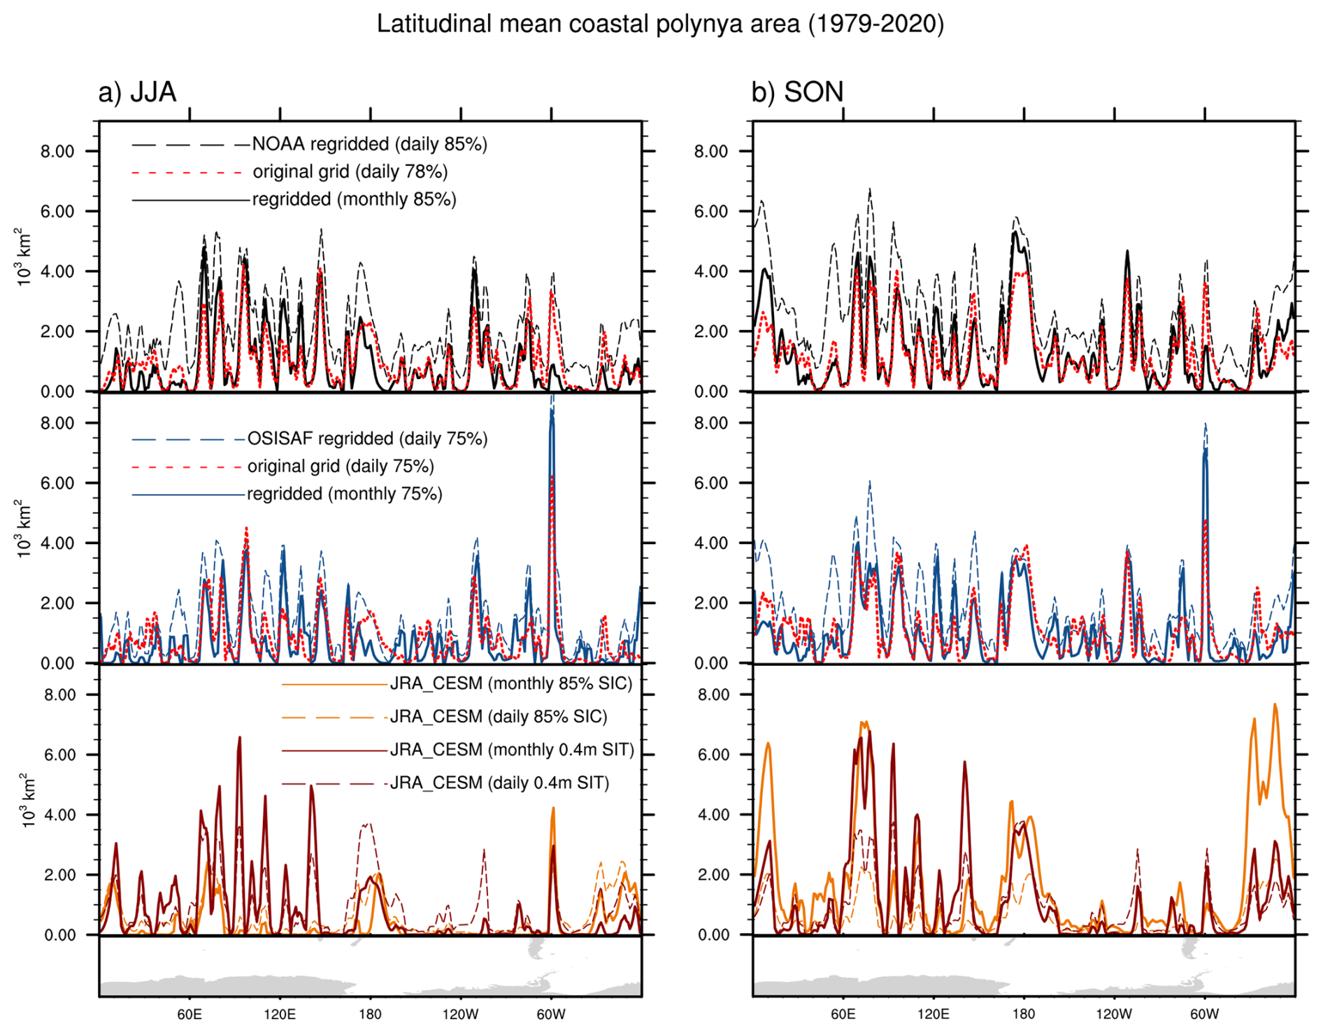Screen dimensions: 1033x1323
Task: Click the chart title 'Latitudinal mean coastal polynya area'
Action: tap(660, 24)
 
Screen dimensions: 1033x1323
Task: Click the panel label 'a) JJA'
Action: tap(137, 92)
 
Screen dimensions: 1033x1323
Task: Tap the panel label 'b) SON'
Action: tap(797, 92)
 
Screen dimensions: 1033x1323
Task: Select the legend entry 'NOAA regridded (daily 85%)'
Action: tap(369, 144)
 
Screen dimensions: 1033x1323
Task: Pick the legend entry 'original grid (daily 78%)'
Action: tap(350, 171)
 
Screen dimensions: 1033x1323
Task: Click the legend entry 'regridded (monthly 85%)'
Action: tap(354, 199)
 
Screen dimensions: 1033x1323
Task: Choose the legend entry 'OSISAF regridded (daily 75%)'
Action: tap(367, 439)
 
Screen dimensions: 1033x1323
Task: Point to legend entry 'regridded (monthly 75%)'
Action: tap(344, 494)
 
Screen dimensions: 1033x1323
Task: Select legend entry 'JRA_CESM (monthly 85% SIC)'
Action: tap(510, 683)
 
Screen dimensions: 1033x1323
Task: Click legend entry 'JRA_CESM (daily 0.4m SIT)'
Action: tap(499, 783)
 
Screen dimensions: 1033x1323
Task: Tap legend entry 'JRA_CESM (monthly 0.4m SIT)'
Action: tap(512, 750)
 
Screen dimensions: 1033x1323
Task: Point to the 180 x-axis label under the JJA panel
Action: tap(370, 1015)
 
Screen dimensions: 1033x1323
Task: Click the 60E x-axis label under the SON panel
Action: tap(843, 1015)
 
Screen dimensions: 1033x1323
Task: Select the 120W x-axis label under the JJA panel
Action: tap(461, 1015)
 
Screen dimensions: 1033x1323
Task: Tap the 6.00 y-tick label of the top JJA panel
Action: tap(57, 211)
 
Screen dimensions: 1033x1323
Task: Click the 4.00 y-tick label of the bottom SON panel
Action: tap(713, 815)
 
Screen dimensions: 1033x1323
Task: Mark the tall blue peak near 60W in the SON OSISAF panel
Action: tap(1205, 455)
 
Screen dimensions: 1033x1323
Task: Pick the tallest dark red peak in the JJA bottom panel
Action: tap(239, 739)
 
